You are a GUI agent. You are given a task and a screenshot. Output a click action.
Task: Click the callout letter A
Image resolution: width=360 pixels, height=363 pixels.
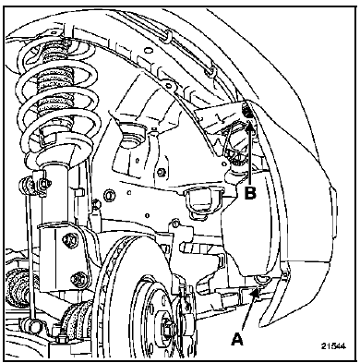[x=237, y=339]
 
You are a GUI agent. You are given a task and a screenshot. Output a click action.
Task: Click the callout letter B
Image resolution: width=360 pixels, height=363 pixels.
[x=250, y=193]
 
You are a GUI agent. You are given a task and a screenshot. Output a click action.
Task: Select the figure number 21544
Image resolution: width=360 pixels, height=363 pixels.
[x=333, y=345]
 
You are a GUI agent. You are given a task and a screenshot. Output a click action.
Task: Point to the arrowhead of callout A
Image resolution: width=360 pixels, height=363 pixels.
[x=255, y=295]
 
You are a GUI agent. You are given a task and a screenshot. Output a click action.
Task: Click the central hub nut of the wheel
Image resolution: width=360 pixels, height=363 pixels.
[x=168, y=324]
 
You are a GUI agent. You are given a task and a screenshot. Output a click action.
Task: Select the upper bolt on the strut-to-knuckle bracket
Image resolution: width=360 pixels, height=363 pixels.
[x=68, y=240]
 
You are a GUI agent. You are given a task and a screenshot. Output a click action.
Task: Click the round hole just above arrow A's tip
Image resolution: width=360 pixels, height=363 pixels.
[x=260, y=279]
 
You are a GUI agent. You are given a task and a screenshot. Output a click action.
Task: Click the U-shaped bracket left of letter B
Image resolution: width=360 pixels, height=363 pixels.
[x=201, y=201]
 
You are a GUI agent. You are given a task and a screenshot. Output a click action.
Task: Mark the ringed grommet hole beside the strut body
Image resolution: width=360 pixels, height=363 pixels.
[x=109, y=195]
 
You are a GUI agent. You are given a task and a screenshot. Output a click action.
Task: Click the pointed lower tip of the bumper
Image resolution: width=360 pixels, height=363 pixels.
[x=261, y=324]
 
